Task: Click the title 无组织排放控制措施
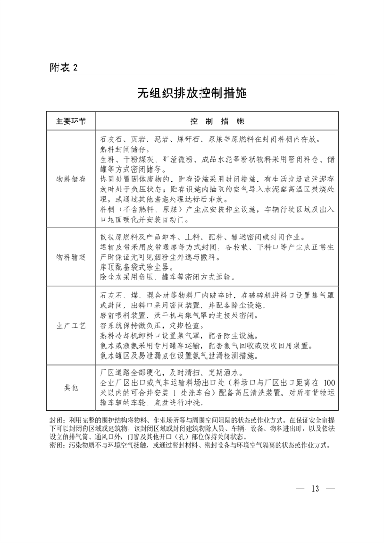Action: [192, 93]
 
